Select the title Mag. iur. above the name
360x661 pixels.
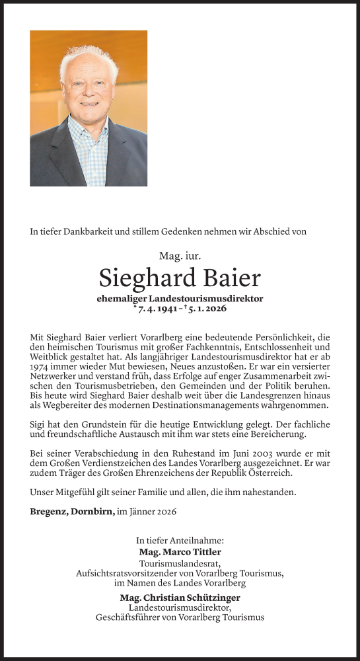(180, 254)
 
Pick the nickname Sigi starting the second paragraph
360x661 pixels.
(39, 424)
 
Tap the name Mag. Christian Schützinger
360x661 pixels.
(180, 598)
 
